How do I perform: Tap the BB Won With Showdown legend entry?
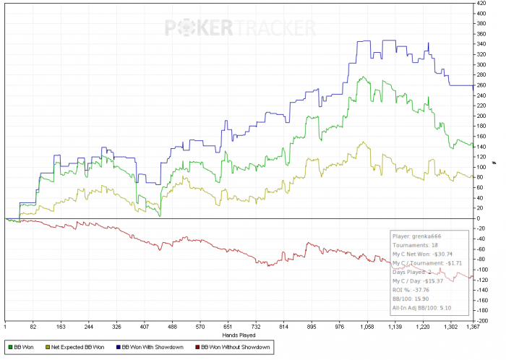click(154, 348)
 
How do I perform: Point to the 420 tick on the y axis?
click(480, 3)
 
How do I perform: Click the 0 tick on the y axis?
click(478, 218)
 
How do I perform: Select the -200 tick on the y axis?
click(481, 320)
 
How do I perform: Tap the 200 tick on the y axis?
click(480, 116)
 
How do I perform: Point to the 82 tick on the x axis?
click(33, 327)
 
